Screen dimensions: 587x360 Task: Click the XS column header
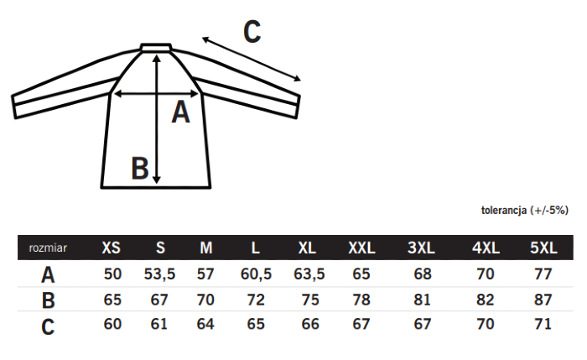[x=112, y=248]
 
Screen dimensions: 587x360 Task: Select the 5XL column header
[x=543, y=248]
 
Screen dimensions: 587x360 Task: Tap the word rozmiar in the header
[x=48, y=248]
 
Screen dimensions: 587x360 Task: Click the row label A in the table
[x=48, y=275]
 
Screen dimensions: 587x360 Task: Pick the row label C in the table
[x=48, y=326]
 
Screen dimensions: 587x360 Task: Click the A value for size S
[x=159, y=274]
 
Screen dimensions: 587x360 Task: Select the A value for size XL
[x=309, y=274]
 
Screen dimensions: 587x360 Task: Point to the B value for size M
[x=205, y=300]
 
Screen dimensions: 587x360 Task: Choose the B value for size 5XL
[x=543, y=300]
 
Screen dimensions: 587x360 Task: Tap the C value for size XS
[x=112, y=324]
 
